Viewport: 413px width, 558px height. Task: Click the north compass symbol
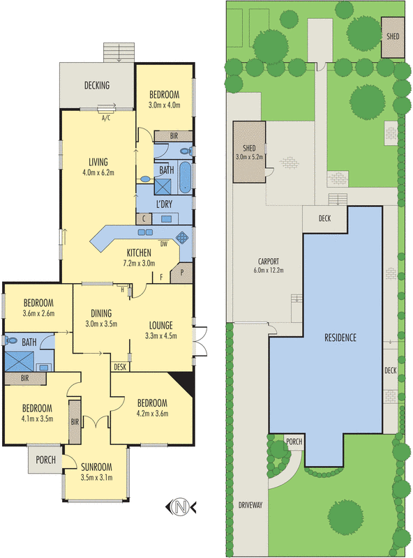tap(180, 507)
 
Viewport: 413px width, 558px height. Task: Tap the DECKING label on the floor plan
tap(97, 85)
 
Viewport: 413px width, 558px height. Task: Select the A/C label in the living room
tap(106, 118)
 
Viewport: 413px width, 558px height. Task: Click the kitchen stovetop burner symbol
tap(183, 237)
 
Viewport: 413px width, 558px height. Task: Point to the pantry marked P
tap(182, 273)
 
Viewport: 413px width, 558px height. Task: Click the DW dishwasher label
tap(164, 244)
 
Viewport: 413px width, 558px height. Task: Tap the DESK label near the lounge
tap(120, 367)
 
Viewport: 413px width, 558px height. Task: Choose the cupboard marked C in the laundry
tap(144, 218)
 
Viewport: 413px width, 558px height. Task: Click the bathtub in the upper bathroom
tap(185, 177)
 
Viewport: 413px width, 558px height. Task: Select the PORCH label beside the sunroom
tap(45, 460)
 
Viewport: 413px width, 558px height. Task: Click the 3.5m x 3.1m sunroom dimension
tap(96, 478)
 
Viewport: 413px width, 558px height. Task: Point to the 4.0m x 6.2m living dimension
tap(98, 173)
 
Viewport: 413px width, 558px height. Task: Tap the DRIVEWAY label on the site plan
tap(250, 505)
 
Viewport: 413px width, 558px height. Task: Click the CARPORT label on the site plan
tap(269, 262)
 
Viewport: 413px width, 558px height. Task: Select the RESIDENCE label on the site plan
tap(340, 338)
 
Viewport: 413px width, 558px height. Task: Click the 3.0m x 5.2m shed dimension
tap(249, 156)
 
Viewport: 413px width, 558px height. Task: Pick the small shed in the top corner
tap(393, 37)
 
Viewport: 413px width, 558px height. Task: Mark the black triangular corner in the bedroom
tap(184, 382)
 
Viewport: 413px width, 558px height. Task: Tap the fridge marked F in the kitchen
tap(161, 277)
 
